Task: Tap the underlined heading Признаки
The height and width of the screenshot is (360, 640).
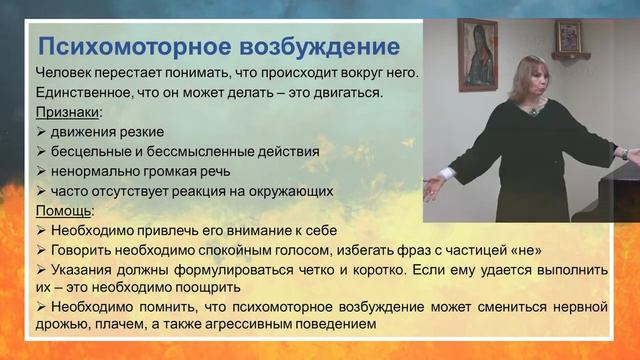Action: [68, 112]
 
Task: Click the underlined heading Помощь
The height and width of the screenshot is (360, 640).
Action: [65, 211]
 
